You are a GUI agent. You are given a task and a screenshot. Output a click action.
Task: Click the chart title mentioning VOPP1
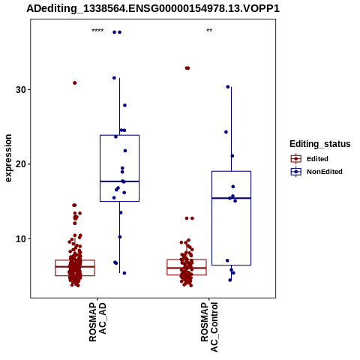(153, 9)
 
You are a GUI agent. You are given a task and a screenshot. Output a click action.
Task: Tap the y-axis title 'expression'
(8, 158)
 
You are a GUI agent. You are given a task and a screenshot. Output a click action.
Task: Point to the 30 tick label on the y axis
(21, 90)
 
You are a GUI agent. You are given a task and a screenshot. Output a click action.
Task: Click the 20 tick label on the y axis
(21, 164)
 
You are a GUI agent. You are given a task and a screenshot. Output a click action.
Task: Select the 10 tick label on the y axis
(21, 239)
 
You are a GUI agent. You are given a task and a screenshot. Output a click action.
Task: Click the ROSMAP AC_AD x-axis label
(97, 322)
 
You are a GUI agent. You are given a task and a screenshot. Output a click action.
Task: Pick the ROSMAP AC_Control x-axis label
(209, 327)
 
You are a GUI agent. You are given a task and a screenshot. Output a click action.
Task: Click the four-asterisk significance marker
(97, 31)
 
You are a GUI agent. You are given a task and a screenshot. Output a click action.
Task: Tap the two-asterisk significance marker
(209, 31)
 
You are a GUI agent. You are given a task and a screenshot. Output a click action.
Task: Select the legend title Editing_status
(320, 144)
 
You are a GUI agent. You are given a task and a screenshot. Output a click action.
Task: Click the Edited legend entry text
(317, 159)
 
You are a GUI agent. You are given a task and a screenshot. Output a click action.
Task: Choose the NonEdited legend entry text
(325, 172)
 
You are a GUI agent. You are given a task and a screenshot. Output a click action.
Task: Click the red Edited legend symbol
(296, 159)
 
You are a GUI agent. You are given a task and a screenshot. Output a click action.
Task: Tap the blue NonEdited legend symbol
(296, 172)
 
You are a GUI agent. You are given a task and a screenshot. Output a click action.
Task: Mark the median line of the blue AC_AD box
(119, 181)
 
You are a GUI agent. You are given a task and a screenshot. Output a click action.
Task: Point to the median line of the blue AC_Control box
(231, 198)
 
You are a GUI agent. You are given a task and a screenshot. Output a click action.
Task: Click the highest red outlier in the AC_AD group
(75, 83)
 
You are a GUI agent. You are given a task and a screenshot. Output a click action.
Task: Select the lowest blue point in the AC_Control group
(230, 280)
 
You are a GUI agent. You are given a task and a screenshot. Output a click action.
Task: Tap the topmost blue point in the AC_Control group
(228, 87)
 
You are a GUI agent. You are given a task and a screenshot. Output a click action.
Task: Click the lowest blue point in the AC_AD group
(124, 273)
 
